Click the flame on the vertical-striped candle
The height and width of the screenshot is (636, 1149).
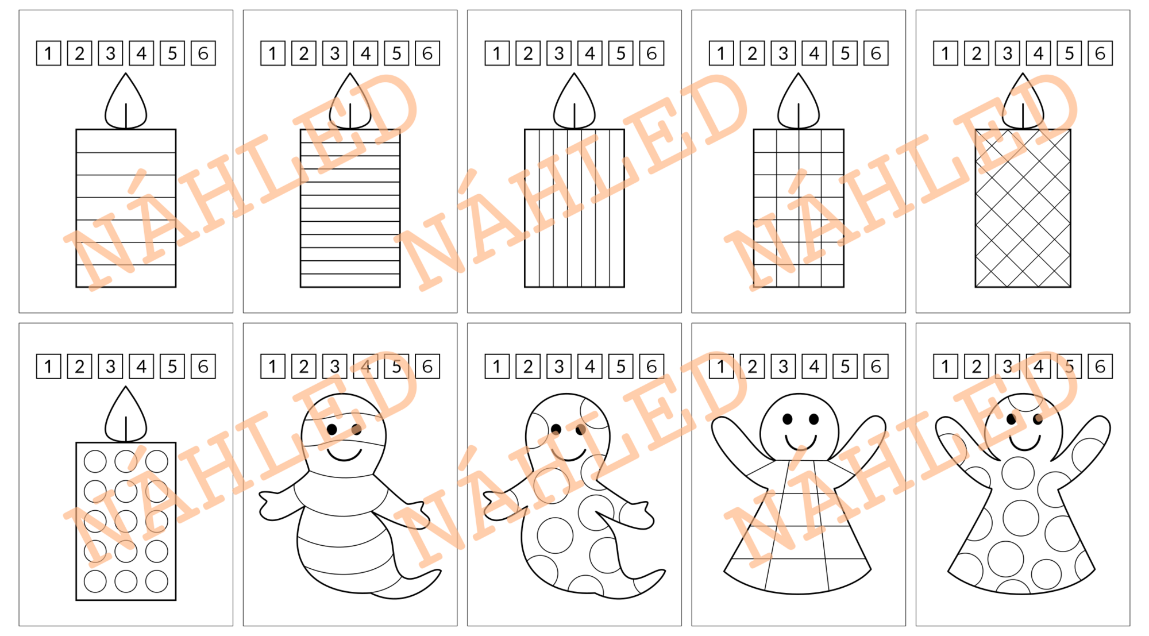tap(574, 102)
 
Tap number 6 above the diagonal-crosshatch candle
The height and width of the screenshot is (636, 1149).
tap(1100, 53)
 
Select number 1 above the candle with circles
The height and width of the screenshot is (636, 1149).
tap(48, 367)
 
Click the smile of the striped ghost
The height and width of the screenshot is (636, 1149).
tap(345, 454)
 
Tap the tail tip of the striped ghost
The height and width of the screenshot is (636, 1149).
tap(439, 571)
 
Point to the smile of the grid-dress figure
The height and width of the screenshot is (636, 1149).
tap(801, 442)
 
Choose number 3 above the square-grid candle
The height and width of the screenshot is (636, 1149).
tap(783, 53)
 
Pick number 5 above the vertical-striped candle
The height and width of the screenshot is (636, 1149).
tap(620, 53)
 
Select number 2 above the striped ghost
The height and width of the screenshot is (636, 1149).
tap(304, 367)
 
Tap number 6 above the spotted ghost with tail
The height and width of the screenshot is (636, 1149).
tap(651, 367)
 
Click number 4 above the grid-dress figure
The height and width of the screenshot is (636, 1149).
tap(814, 367)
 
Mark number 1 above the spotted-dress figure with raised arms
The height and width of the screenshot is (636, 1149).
tap(946, 367)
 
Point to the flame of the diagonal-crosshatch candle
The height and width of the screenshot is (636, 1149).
tap(1023, 102)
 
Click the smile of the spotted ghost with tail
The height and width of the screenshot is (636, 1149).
tap(569, 454)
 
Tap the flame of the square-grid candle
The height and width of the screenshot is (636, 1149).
tap(798, 102)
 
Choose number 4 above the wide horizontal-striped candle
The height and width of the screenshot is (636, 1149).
tap(141, 53)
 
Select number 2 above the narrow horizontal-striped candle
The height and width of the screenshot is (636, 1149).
tap(304, 53)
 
